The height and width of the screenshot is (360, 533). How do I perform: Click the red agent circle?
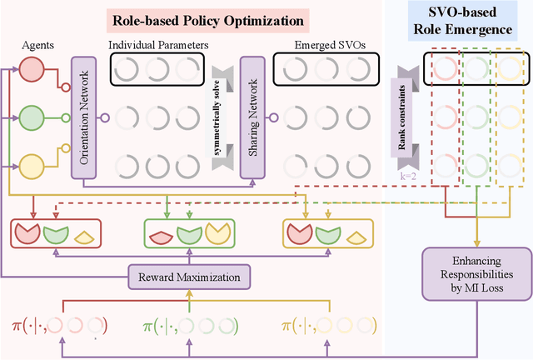pyautogui.click(x=31, y=74)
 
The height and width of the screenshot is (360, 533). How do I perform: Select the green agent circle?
pyautogui.click(x=31, y=117)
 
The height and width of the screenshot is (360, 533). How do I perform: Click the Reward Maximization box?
pyautogui.click(x=190, y=277)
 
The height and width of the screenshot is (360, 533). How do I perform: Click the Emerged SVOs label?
pyautogui.click(x=321, y=44)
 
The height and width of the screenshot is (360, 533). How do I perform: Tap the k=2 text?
pyautogui.click(x=401, y=177)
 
